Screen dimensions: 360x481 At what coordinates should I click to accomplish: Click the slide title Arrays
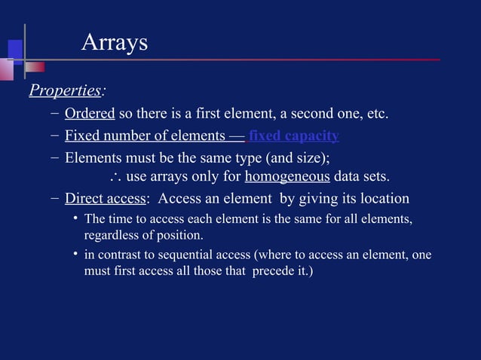(114, 43)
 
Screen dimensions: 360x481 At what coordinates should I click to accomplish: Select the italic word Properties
(65, 91)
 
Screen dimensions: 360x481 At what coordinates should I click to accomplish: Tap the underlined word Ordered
(90, 114)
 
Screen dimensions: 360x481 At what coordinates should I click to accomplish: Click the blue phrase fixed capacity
(293, 136)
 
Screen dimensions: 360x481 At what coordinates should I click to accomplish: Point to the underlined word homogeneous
(287, 178)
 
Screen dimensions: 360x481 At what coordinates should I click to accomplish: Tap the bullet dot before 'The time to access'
(75, 218)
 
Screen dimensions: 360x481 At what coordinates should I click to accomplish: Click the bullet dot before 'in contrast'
(75, 255)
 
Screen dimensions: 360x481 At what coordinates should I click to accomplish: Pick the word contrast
(119, 255)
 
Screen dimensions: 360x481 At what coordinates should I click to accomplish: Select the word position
(182, 235)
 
